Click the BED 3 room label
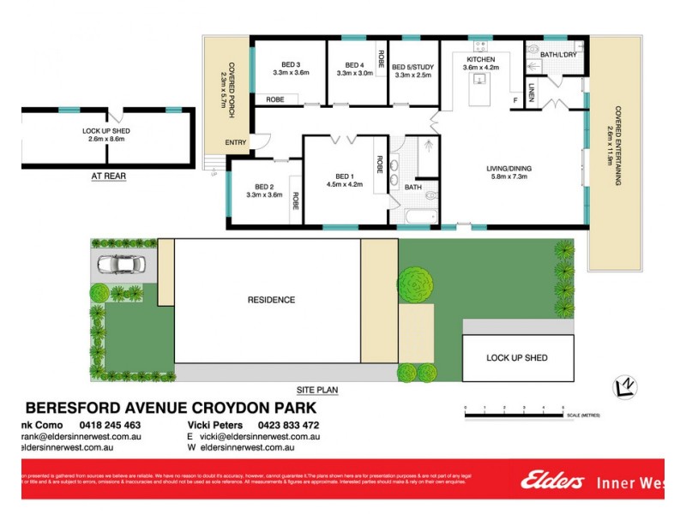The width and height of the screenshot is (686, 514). point(291,65)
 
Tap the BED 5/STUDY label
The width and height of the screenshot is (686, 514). point(411,67)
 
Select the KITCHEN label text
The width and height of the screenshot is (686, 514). point(481,59)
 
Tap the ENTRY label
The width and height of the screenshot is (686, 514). point(234,142)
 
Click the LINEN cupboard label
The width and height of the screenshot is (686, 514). point(532,92)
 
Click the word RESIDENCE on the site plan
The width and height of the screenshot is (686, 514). point(271,300)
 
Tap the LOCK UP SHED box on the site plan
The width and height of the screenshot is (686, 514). point(516,357)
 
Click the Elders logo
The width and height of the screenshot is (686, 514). point(553,481)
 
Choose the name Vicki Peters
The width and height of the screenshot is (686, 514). point(216,425)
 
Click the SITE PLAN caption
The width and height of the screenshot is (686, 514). point(317,390)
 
